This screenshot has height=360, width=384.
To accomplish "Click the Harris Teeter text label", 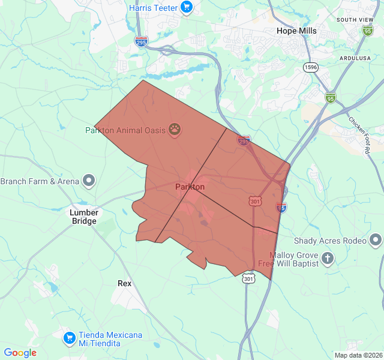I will pyautogui.click(x=153, y=8).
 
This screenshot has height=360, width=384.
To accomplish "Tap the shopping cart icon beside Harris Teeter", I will pyautogui.click(x=187, y=8).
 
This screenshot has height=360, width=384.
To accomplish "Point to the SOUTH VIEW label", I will pyautogui.click(x=355, y=20).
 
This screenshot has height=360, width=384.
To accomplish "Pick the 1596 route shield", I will pyautogui.click(x=310, y=67).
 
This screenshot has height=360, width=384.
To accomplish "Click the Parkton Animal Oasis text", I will pyautogui.click(x=125, y=130).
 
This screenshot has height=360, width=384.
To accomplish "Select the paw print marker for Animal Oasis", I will pyautogui.click(x=175, y=128).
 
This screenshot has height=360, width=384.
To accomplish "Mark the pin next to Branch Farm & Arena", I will pyautogui.click(x=89, y=179).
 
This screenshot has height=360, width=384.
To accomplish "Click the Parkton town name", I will pyautogui.click(x=190, y=187).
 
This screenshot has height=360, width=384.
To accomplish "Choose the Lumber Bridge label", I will pyautogui.click(x=83, y=217).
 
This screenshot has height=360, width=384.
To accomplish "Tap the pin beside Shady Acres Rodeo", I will pyautogui.click(x=376, y=241).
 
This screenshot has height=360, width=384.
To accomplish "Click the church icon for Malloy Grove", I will pyautogui.click(x=328, y=259).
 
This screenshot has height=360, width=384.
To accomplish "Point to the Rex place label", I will pyautogui.click(x=125, y=283).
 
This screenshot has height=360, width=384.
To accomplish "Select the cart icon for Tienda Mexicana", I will pyautogui.click(x=70, y=338).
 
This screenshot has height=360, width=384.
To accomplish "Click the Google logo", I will pyautogui.click(x=20, y=353).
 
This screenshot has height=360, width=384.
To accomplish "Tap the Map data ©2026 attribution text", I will pyautogui.click(x=358, y=355).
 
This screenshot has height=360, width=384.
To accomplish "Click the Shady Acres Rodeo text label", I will pyautogui.click(x=330, y=241).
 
